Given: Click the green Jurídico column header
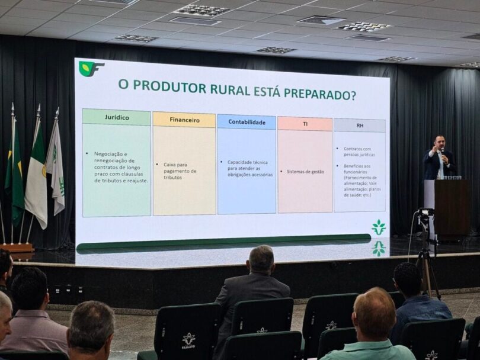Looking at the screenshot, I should (x=116, y=117).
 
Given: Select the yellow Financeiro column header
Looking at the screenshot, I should (x=184, y=120).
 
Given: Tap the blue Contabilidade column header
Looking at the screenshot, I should (x=247, y=122).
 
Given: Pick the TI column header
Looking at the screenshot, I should (x=305, y=124).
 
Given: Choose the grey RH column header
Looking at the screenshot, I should (x=360, y=126).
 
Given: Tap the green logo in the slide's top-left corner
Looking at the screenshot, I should (x=91, y=69).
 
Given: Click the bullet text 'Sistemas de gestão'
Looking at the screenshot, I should (x=305, y=172).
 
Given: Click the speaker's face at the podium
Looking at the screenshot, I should (x=439, y=143).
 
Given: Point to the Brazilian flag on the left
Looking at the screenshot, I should (x=14, y=175).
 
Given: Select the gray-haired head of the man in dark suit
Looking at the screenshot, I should (x=261, y=259).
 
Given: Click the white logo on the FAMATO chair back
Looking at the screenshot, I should (x=188, y=338).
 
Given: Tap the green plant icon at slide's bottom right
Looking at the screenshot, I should (x=378, y=227).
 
